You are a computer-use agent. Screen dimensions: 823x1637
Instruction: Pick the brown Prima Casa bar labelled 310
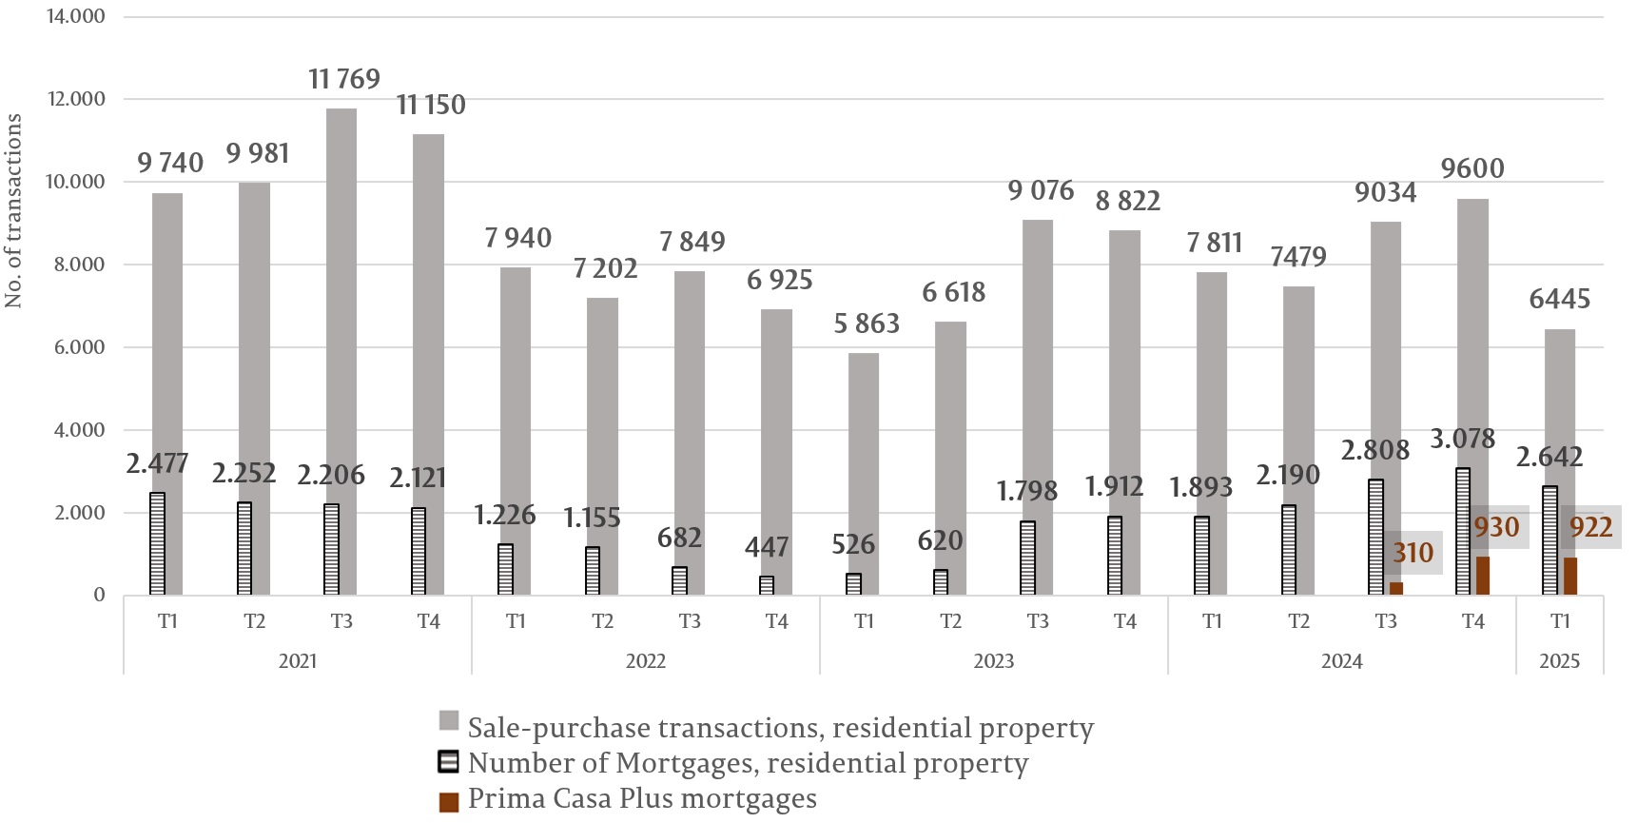coord(1396,588)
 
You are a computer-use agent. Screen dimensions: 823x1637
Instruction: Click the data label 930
coord(1496,527)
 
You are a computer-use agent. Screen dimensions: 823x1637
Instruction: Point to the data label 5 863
coord(867,324)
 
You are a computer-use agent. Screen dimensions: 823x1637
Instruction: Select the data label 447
coord(767,547)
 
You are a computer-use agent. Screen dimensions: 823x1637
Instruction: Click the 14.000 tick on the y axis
coord(76,16)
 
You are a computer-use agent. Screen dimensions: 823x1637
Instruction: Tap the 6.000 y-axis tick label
coord(79,347)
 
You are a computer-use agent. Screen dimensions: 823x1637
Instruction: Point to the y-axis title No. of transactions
coord(13,210)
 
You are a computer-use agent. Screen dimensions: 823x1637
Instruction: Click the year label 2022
coord(646,661)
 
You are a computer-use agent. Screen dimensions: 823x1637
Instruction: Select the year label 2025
coord(1560,661)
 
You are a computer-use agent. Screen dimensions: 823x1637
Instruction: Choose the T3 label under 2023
coord(1038,621)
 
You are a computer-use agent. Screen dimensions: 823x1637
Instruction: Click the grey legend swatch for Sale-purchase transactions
coord(449,720)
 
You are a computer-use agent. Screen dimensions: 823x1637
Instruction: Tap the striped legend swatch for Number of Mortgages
coord(449,762)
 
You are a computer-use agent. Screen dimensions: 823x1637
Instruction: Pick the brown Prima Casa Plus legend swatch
coord(449,802)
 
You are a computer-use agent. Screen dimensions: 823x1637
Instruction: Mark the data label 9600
coord(1472,169)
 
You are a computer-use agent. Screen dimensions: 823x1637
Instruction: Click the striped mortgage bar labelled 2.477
coord(158,543)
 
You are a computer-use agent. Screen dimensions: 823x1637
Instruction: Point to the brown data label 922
coord(1591,527)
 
